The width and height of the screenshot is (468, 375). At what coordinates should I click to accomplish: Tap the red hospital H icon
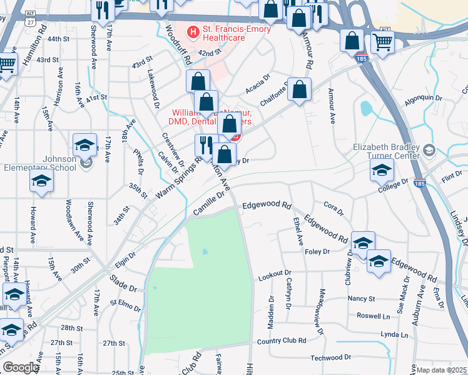pos(193,31)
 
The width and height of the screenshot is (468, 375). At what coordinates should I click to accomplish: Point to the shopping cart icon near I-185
pos(382,42)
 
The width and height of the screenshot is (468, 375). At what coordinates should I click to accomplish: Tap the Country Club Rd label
pos(281,341)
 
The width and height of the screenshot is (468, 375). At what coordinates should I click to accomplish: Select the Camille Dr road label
pos(208,204)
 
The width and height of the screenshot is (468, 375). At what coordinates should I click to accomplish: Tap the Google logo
pos(21,367)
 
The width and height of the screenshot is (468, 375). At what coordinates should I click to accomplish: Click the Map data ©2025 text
pos(441,370)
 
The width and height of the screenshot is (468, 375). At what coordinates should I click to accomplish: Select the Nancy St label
pos(361,299)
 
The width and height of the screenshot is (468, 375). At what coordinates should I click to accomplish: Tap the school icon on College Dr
pos(382,169)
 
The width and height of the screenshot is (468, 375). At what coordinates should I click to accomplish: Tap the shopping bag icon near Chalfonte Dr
pos(300,89)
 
